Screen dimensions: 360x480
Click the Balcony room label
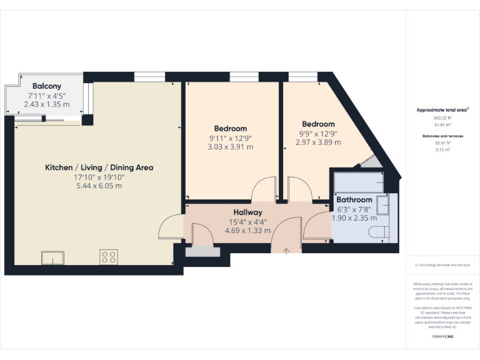coord(47,86)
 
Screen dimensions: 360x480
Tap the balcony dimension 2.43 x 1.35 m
coord(47,104)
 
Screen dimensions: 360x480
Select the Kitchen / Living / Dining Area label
coord(99,167)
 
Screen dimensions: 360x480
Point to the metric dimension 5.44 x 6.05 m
coord(99,186)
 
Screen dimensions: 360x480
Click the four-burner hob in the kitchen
coord(109,257)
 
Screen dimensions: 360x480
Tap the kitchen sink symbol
coord(52,257)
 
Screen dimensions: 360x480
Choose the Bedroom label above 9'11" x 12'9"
coord(230,129)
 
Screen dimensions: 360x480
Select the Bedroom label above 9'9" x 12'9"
coord(318,124)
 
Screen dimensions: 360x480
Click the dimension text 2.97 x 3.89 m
coord(318,142)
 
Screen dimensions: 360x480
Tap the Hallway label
coord(248,212)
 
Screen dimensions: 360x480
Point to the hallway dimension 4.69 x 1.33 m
coord(248,230)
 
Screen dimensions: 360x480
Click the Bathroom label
coord(354,200)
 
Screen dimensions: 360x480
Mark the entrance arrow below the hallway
coord(286,251)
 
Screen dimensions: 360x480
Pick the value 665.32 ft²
coord(442,117)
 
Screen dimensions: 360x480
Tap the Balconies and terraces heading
coord(442,136)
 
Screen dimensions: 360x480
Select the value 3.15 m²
coord(442,150)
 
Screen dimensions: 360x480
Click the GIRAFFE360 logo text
coord(442,337)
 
